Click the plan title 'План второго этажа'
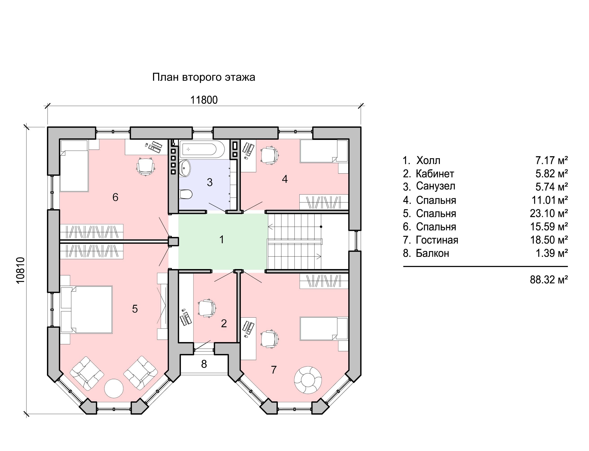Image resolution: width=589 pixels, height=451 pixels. point(204,77)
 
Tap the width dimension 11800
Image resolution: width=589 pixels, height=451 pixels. point(204,100)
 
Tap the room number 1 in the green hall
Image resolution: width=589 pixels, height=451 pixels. point(221,239)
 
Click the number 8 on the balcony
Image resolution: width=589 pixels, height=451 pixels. point(204,364)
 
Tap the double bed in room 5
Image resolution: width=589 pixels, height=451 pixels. point(86,310)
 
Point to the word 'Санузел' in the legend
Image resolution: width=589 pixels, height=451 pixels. point(435,186)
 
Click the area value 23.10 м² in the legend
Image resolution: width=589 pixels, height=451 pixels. point(549,213)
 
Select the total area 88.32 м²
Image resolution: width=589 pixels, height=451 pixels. point(549,280)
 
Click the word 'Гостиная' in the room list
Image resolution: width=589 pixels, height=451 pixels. point(437,240)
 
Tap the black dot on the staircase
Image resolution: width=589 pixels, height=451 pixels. point(321,227)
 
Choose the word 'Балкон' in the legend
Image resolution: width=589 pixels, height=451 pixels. point(432,253)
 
